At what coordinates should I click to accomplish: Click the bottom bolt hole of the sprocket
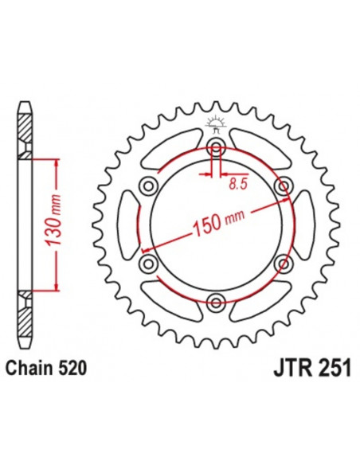pos(215,301)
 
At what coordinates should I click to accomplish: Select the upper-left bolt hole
pos(148,186)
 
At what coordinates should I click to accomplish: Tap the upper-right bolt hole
pos(282,186)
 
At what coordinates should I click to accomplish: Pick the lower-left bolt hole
pos(148,262)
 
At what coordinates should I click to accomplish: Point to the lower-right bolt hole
pos(282,262)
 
